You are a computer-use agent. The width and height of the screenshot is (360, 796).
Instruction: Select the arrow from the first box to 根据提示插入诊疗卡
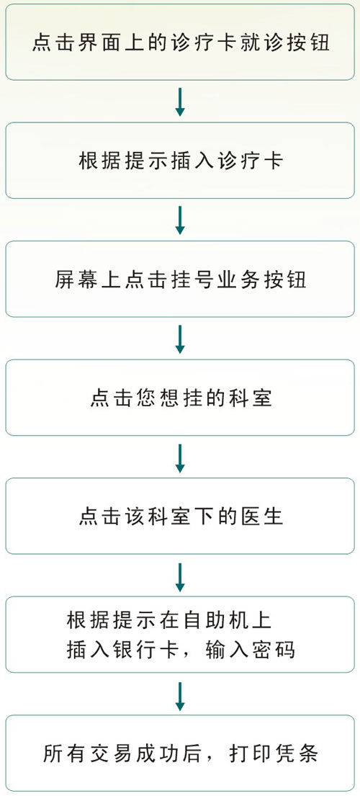click(180, 102)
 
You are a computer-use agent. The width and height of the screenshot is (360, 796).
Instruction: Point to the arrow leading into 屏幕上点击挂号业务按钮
click(180, 220)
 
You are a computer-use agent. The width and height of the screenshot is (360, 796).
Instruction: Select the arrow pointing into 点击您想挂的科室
click(180, 339)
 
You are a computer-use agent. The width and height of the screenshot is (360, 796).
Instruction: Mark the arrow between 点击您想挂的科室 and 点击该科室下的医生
click(180, 458)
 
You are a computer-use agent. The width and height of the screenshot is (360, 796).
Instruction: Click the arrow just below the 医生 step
click(180, 577)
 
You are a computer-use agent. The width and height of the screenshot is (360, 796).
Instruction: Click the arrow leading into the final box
click(180, 695)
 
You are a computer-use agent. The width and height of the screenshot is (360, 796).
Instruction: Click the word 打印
click(249, 754)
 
